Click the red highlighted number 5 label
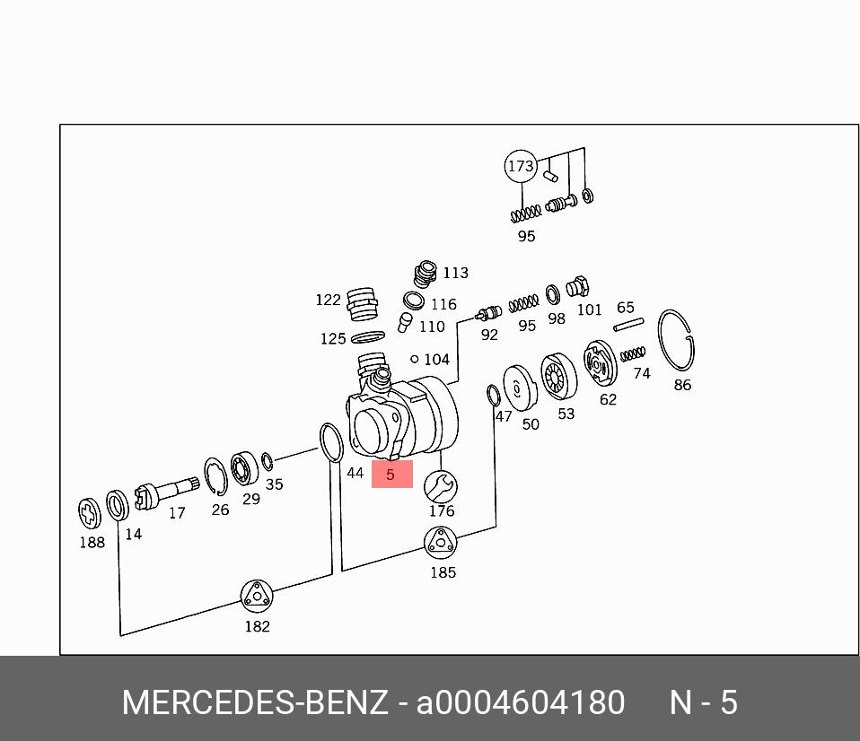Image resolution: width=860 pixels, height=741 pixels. [x=391, y=475]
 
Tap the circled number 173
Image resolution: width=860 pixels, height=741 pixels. [x=521, y=166]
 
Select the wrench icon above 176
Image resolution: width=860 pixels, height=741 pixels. [x=440, y=487]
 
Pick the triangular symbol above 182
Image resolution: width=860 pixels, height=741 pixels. [x=257, y=596]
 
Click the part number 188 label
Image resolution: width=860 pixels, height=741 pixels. [x=92, y=542]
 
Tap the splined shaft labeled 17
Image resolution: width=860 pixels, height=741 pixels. [x=165, y=493]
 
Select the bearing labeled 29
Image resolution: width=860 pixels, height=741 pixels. [x=242, y=469]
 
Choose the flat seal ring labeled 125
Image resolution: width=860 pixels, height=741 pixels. [x=367, y=336]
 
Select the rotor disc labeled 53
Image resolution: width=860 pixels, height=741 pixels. [x=558, y=377]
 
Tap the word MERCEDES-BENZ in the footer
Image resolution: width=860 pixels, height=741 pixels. [x=255, y=702]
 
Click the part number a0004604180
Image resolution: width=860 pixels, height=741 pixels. [x=520, y=702]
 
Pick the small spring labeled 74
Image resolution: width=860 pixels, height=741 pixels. [x=633, y=354]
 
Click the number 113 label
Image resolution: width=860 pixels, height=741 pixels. [x=455, y=273]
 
